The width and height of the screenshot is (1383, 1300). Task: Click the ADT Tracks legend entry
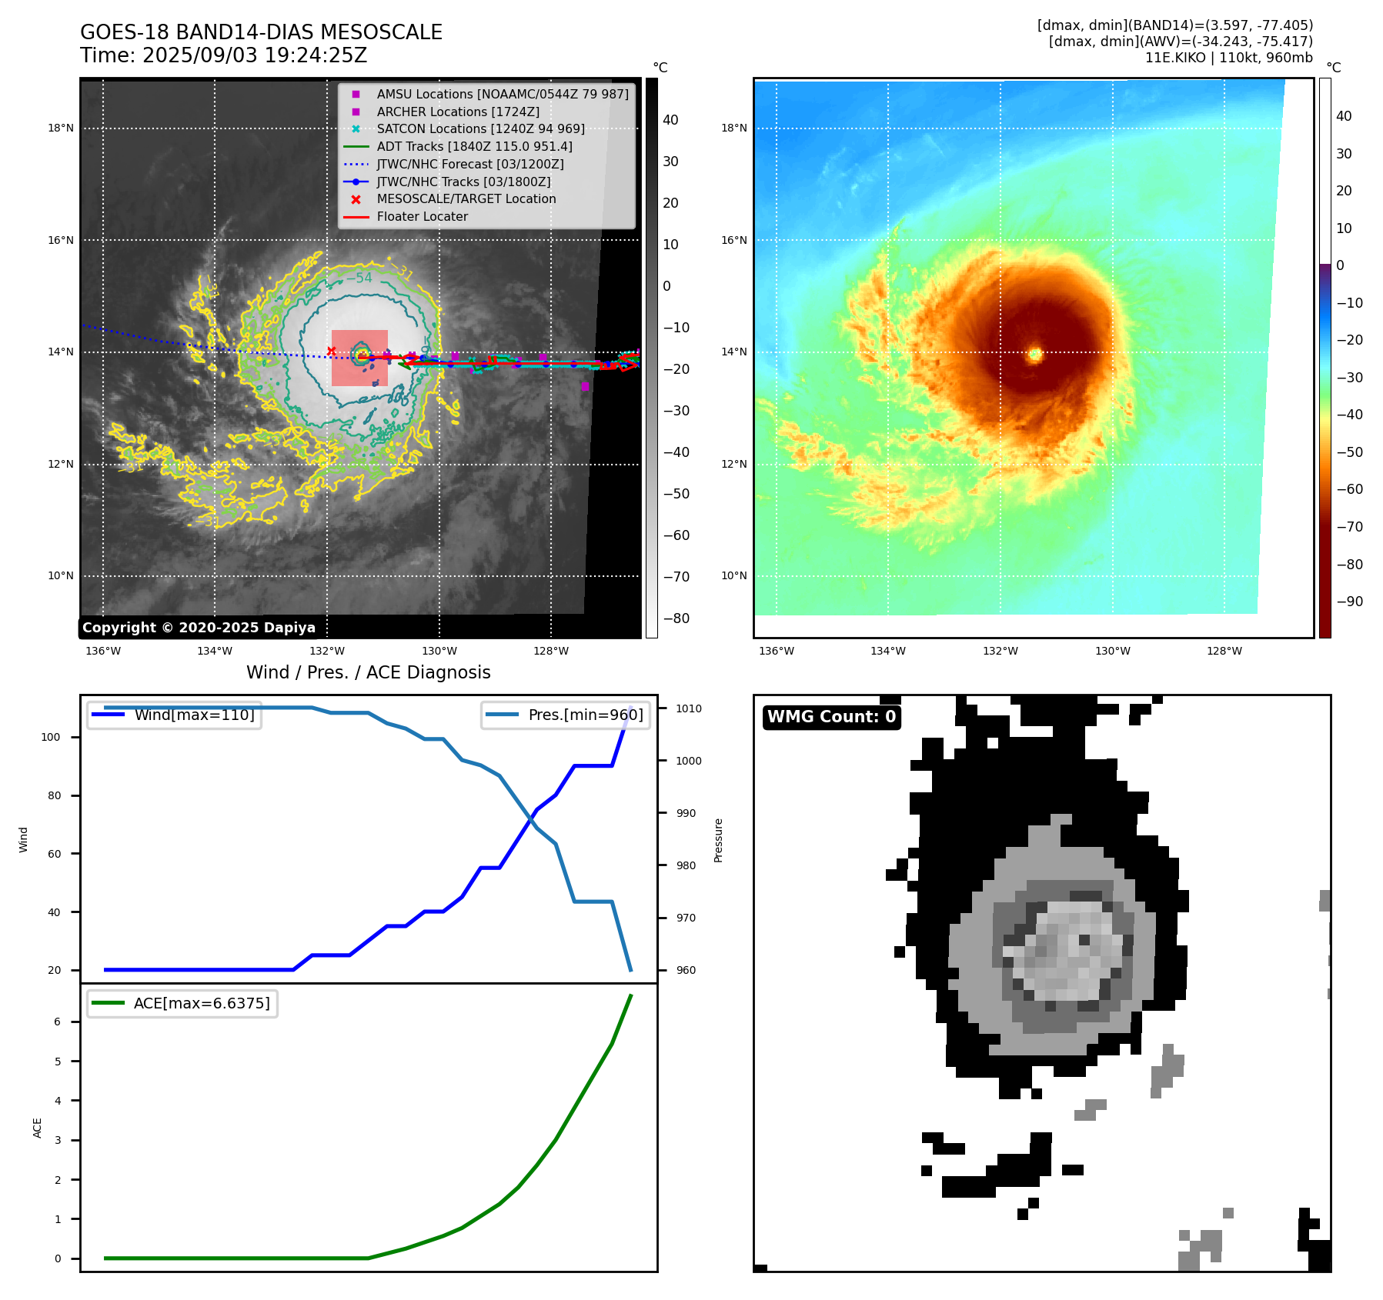click(474, 146)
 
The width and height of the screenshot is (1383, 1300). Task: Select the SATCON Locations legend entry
click(480, 128)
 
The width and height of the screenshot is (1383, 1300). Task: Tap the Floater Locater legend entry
click(422, 216)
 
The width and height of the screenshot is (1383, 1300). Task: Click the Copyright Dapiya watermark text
click(199, 628)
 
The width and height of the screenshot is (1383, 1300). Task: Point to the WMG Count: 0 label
click(831, 717)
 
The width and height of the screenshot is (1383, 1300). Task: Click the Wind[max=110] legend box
click(175, 715)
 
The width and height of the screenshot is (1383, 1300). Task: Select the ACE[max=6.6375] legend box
click(182, 1003)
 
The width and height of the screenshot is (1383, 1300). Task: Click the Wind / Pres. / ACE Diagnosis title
click(368, 672)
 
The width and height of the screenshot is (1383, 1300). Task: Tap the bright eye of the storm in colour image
click(1035, 354)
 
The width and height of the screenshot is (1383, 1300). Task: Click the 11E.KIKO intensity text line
click(1228, 58)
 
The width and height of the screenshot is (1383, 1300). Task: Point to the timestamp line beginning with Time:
click(223, 56)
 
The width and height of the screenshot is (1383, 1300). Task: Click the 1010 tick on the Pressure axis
click(689, 708)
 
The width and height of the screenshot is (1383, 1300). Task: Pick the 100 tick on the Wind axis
click(51, 737)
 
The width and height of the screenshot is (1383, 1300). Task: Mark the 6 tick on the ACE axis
click(57, 1022)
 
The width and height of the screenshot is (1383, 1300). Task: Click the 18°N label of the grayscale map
click(61, 128)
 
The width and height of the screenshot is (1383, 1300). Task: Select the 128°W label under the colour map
click(1224, 651)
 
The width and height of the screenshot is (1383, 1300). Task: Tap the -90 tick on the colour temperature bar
click(1350, 602)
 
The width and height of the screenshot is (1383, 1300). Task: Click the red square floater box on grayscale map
click(359, 358)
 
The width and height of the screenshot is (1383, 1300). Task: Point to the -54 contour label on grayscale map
click(359, 278)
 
